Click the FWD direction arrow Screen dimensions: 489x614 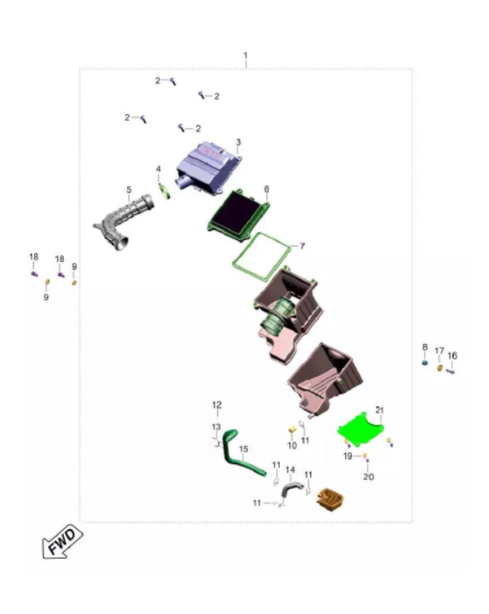click(62, 541)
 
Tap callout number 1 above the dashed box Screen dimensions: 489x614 click(245, 55)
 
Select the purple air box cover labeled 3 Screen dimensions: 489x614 click(209, 167)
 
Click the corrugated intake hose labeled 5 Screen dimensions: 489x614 click(124, 222)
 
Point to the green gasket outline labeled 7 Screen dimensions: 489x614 click(261, 257)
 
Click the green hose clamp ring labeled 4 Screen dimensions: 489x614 click(165, 191)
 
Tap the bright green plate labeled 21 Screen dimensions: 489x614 click(360, 429)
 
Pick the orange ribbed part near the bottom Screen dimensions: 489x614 click(330, 499)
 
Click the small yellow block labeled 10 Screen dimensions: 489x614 click(292, 431)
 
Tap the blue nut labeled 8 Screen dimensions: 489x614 click(425, 363)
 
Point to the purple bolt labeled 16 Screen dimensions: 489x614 click(450, 371)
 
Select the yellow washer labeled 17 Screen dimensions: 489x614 click(440, 368)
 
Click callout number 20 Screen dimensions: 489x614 click(368, 476)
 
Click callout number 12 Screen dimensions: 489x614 click(216, 405)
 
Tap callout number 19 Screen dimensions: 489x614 click(348, 455)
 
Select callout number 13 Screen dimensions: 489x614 click(216, 427)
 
